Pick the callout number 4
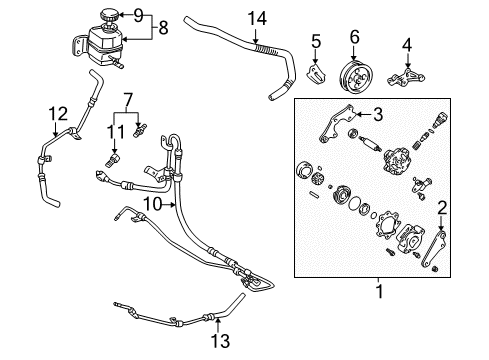[407, 44]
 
